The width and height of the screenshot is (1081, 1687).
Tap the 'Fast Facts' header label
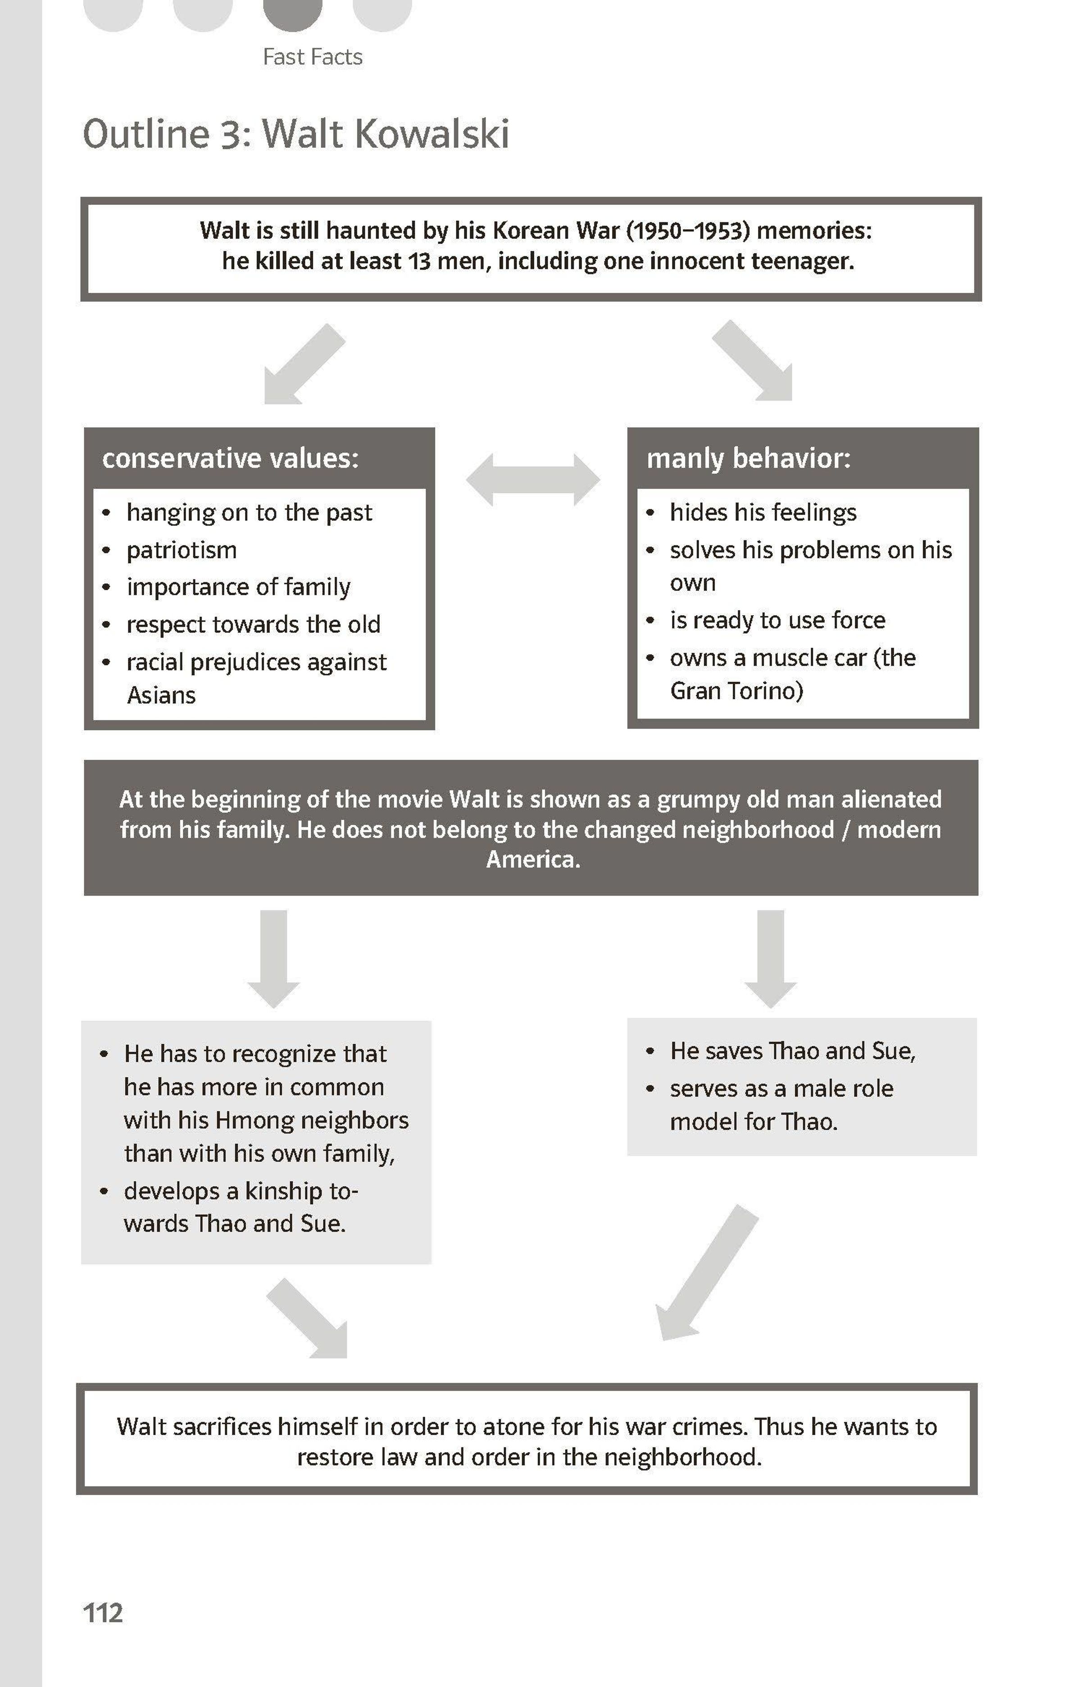(x=313, y=57)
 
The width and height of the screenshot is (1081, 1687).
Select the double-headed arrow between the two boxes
(x=533, y=479)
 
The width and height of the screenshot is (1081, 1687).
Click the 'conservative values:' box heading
(x=230, y=458)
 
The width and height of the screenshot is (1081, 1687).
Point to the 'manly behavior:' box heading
(x=748, y=458)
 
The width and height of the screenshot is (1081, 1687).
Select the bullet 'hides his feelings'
(x=763, y=512)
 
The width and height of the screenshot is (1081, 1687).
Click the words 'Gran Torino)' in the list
(x=736, y=691)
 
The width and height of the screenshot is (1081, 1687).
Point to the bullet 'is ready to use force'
(x=777, y=620)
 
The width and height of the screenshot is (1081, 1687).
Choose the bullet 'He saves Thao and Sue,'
(x=792, y=1051)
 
